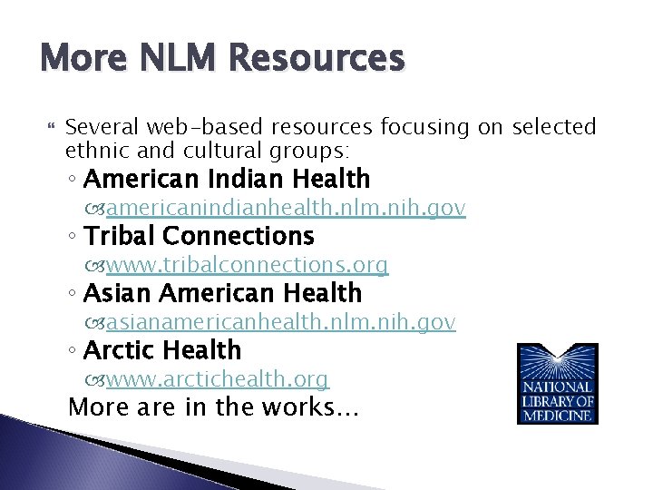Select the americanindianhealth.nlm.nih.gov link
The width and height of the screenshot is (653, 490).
(x=286, y=209)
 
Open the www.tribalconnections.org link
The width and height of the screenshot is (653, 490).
(x=247, y=265)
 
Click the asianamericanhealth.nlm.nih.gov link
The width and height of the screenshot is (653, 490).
(x=280, y=321)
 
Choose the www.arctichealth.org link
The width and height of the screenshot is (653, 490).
(x=218, y=378)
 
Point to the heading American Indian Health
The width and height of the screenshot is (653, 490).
(x=227, y=179)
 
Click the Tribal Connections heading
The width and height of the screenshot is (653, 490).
(x=199, y=236)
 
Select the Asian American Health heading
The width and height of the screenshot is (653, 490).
(x=222, y=293)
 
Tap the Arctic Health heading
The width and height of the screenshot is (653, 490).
(x=162, y=349)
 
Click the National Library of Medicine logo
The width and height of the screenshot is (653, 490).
(x=557, y=383)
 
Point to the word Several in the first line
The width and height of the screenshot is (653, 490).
(x=101, y=126)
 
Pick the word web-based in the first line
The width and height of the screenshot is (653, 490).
(x=196, y=126)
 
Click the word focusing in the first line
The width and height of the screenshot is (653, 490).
(x=424, y=126)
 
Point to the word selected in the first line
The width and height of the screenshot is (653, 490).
(x=554, y=126)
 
